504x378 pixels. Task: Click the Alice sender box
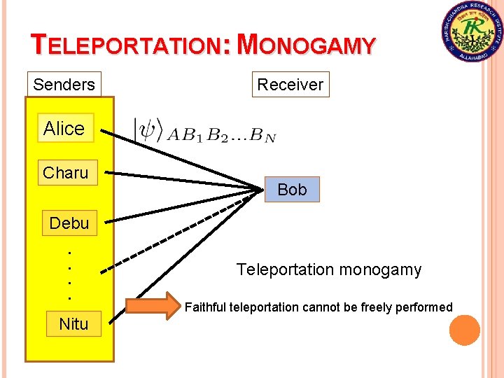click(x=64, y=128)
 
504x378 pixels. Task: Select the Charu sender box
click(x=66, y=173)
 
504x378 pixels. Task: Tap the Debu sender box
click(x=69, y=223)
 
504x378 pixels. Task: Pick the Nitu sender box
click(x=73, y=323)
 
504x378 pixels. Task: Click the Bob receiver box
click(x=292, y=190)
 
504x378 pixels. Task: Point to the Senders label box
click(x=64, y=85)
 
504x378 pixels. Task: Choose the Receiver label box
click(x=290, y=85)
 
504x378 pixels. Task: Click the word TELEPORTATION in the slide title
click(x=127, y=45)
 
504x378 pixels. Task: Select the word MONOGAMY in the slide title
click(x=307, y=45)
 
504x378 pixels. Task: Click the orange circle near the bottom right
click(x=465, y=330)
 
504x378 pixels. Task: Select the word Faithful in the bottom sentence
click(x=205, y=307)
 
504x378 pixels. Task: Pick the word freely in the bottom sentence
click(x=373, y=307)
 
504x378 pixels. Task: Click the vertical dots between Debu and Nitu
click(x=69, y=273)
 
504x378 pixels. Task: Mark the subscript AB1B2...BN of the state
click(x=221, y=136)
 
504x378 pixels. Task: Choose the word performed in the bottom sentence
click(x=423, y=307)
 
